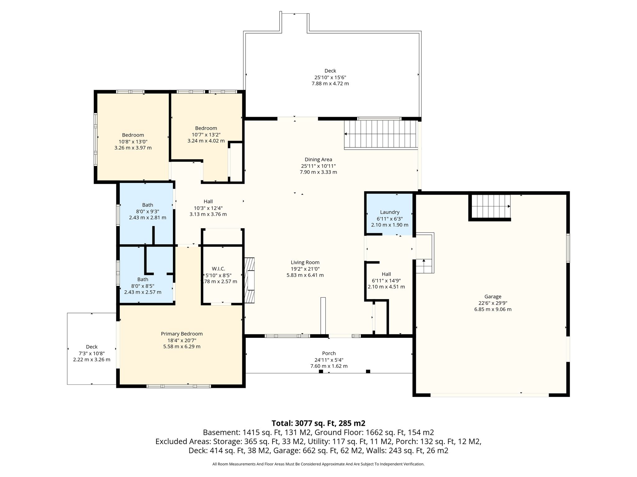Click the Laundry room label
(x=389, y=212)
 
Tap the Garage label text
(x=493, y=297)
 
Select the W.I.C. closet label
(x=218, y=269)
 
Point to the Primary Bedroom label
(x=182, y=334)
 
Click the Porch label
(x=329, y=353)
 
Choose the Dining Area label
(x=318, y=159)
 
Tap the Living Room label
(x=305, y=262)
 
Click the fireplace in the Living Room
(x=249, y=280)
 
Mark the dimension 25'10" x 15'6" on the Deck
(x=330, y=77)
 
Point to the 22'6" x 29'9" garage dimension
(x=493, y=303)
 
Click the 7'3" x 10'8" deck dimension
(x=91, y=353)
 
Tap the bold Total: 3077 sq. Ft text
(x=318, y=423)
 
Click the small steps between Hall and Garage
(x=425, y=253)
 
